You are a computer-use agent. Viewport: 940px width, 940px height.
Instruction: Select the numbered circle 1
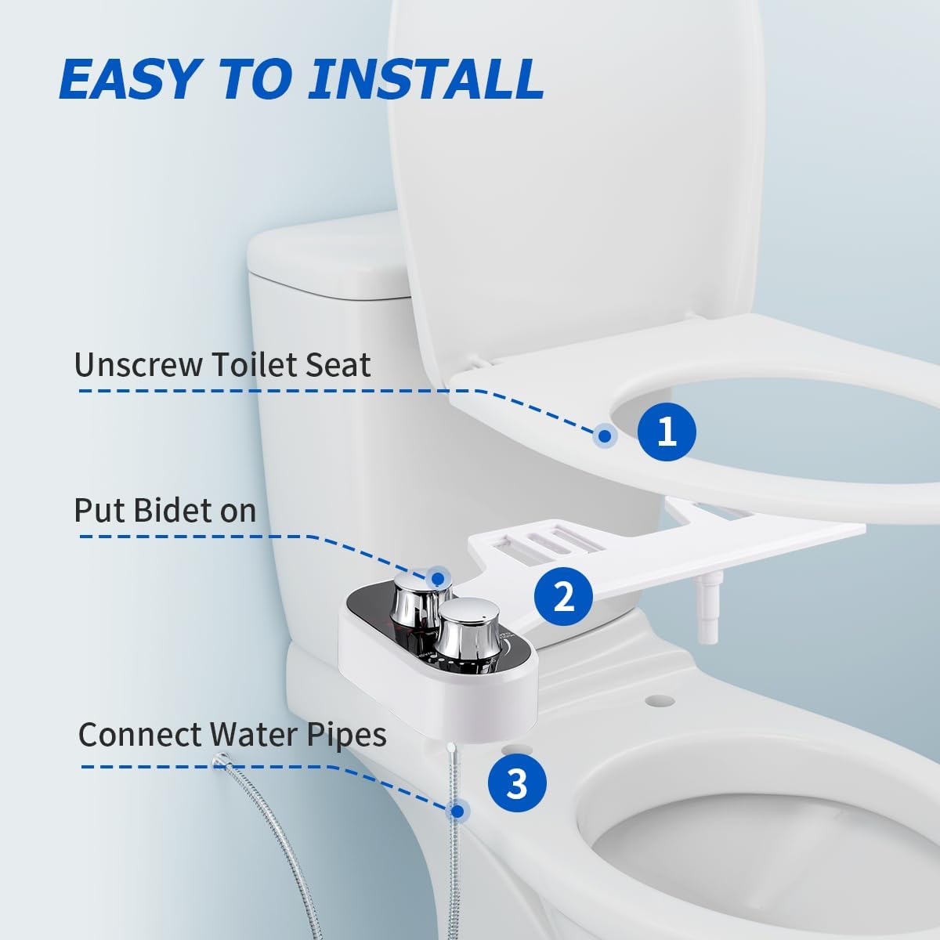click(667, 432)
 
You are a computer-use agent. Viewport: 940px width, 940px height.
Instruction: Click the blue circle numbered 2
click(563, 596)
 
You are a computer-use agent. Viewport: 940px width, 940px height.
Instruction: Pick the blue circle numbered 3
click(517, 783)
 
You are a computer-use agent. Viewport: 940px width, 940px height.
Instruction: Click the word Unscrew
click(139, 364)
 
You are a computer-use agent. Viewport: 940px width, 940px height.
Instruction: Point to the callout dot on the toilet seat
click(605, 435)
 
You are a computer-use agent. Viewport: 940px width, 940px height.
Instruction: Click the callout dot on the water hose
click(457, 811)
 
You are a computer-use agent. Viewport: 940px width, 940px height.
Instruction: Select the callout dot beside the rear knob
click(438, 578)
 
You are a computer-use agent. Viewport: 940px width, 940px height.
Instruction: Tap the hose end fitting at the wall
click(221, 760)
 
